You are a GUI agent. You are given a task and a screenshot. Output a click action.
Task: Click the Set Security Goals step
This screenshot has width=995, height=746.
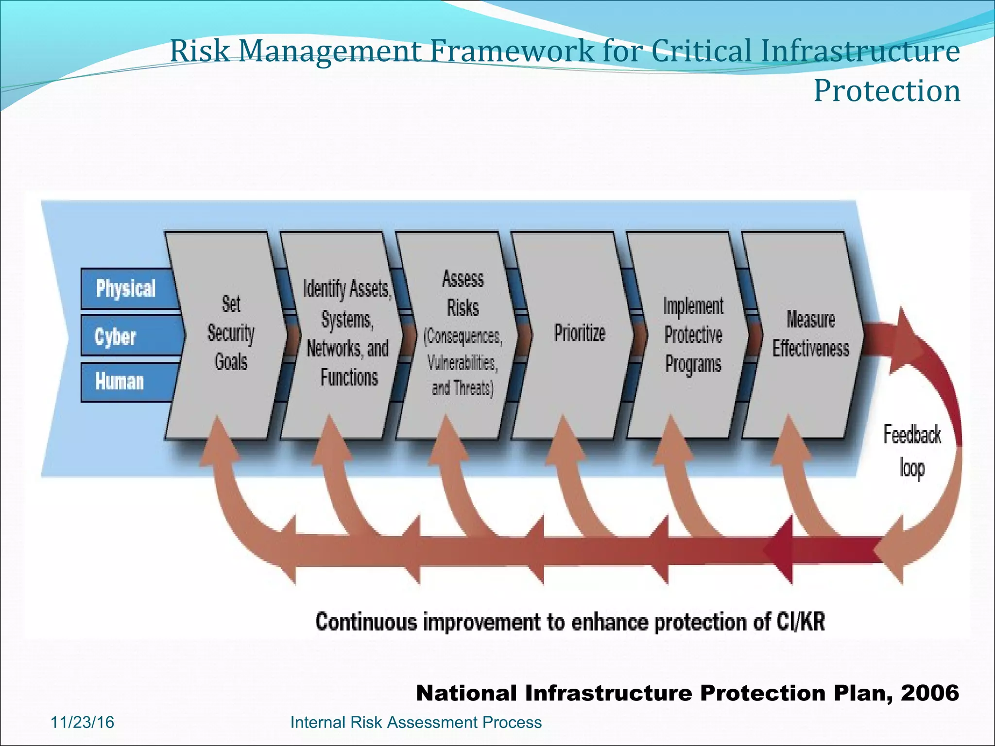point(231,333)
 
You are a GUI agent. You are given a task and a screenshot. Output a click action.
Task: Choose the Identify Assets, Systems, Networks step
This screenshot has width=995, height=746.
point(347,333)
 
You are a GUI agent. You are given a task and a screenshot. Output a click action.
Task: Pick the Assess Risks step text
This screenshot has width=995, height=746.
point(463,333)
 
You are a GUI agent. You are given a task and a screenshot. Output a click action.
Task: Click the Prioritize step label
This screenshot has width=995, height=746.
point(580,333)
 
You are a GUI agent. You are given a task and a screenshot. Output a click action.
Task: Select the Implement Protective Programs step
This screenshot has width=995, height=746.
point(693,335)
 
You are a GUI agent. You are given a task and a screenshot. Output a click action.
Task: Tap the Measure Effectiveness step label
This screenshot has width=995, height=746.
point(810,334)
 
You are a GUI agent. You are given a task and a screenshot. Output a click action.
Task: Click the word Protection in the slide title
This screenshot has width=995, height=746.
point(887,91)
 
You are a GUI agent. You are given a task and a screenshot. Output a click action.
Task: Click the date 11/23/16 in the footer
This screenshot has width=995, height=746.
point(82,722)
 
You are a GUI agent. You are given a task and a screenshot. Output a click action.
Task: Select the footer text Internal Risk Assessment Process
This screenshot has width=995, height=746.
point(416,722)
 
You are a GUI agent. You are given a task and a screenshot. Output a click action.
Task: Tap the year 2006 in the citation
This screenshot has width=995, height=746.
point(930,693)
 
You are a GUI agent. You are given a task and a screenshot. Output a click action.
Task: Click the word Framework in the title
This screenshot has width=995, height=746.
point(512,51)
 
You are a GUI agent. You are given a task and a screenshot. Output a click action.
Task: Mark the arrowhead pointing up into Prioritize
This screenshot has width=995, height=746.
point(564,437)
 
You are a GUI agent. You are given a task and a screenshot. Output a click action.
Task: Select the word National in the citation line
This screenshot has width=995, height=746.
point(466,693)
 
